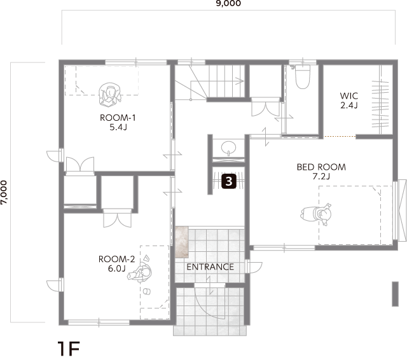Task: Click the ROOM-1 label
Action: point(118,118)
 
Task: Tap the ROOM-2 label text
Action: point(117,259)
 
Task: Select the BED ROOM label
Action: point(321,167)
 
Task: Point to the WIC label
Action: point(349,96)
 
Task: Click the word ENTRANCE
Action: point(210,267)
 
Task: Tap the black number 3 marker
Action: point(229,181)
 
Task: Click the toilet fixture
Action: point(303,77)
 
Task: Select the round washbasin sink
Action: point(229,148)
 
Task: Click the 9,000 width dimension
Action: point(228,3)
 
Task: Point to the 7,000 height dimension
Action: point(4,192)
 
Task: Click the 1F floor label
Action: point(69,349)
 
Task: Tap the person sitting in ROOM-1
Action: point(110,95)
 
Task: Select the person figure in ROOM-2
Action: point(140,272)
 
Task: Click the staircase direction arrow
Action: point(217,81)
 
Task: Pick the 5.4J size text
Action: point(118,127)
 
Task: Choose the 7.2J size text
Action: point(321,176)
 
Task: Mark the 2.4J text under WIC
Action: point(349,106)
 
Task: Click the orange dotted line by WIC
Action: point(340,136)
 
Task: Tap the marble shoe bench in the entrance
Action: point(182,242)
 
